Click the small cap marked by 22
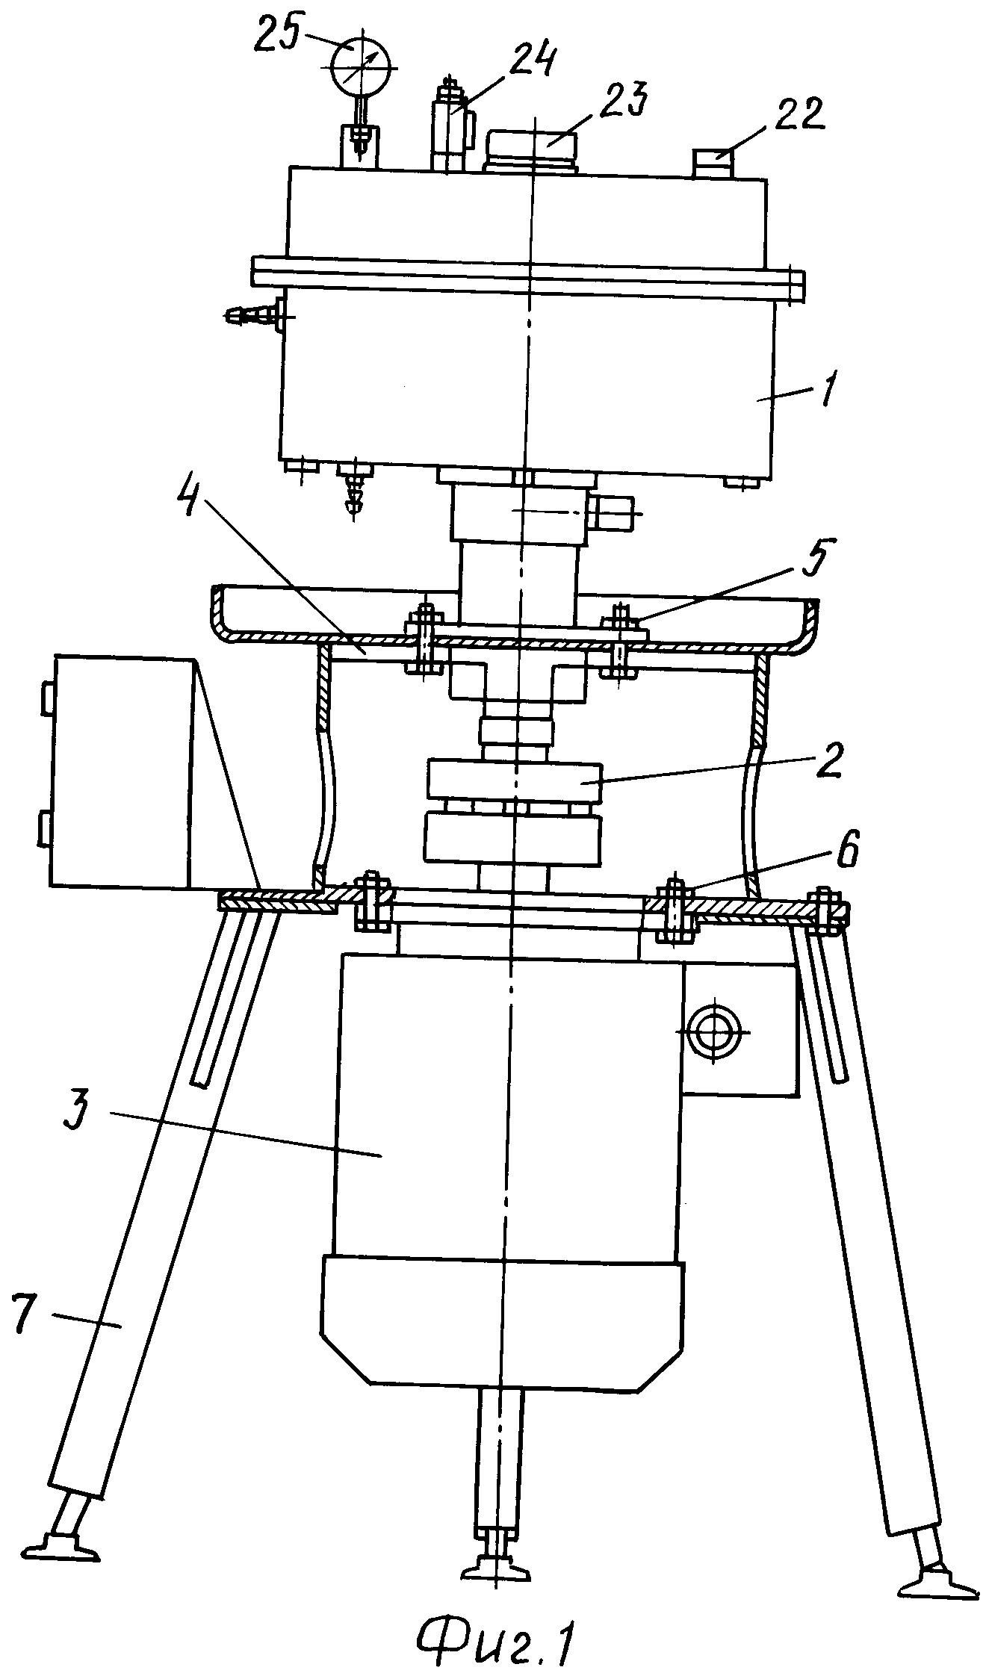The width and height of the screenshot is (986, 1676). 714,164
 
